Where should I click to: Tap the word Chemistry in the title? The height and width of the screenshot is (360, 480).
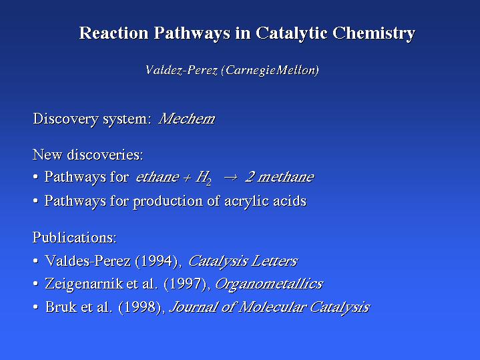point(373,33)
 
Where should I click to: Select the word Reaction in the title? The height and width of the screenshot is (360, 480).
point(113,33)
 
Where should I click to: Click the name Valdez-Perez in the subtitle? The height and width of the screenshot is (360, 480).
point(181,70)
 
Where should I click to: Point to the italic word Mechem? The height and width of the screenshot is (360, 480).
point(187,119)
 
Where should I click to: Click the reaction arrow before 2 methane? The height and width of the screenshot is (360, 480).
point(230,178)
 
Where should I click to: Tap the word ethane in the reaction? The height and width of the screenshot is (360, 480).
point(158,177)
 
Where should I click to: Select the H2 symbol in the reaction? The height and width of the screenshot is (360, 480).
point(204,178)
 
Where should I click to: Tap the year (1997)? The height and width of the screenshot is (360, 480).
point(185,284)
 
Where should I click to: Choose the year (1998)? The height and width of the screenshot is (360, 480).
point(140,307)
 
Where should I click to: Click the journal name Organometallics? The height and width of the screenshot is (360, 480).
point(269,284)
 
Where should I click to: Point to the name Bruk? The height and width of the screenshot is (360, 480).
point(61,307)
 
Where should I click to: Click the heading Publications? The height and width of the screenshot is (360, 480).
point(75,238)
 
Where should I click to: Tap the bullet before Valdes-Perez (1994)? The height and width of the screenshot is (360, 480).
point(36,261)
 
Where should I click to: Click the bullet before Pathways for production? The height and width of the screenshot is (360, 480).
point(36,201)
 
